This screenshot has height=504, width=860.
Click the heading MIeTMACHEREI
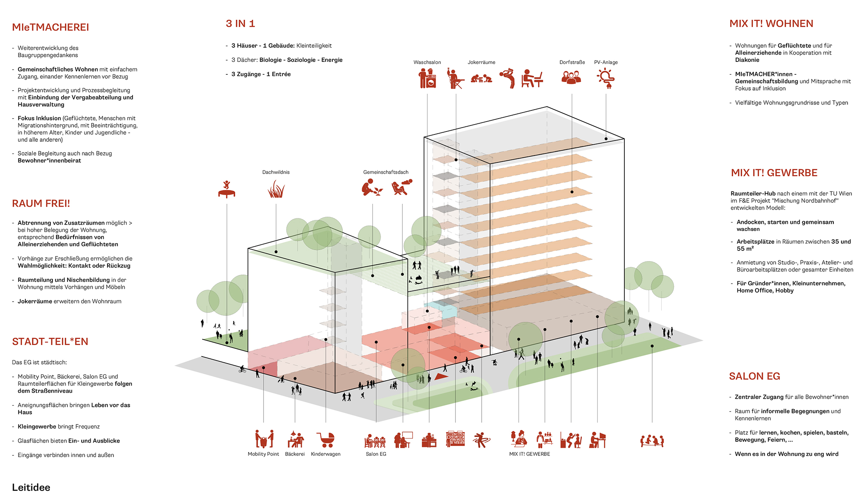(50, 27)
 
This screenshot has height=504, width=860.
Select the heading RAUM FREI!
(41, 204)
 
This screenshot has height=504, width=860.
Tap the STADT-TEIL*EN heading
(50, 342)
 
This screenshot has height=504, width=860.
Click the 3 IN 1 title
(240, 24)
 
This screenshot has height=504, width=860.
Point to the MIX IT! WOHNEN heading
(771, 24)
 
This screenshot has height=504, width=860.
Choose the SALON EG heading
(754, 376)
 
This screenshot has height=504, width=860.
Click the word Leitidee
(31, 487)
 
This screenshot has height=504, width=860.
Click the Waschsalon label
(427, 62)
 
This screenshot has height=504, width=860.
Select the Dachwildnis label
(276, 172)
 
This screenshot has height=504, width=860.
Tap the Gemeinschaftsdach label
(386, 172)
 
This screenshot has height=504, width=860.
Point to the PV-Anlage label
(605, 62)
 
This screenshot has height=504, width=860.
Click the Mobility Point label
(263, 454)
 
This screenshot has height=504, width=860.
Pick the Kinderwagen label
(326, 454)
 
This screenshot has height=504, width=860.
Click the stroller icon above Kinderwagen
(326, 440)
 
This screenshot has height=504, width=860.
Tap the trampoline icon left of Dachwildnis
(227, 189)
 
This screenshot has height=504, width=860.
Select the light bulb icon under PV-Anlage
(606, 79)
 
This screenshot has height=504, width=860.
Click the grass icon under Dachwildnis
(276, 189)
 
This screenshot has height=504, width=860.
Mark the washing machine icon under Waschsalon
(427, 79)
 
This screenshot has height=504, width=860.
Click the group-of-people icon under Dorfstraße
(571, 78)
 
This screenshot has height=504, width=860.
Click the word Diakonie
(747, 60)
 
